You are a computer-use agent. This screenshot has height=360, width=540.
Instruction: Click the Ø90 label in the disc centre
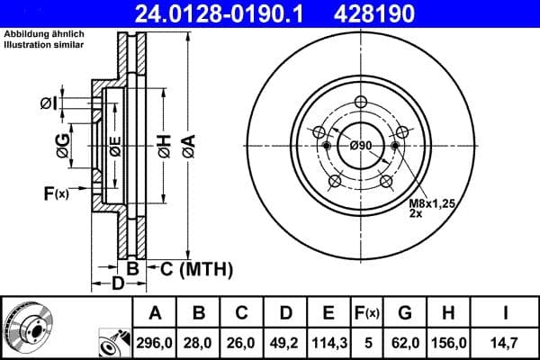361,147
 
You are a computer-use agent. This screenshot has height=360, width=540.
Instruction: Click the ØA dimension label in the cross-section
187,144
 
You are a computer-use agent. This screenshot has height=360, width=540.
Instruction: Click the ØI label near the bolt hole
49,103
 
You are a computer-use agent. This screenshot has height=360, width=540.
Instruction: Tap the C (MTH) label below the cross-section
190,268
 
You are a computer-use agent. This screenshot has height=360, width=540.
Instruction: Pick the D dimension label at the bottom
118,284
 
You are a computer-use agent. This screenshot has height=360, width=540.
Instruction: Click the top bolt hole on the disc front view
361,102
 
